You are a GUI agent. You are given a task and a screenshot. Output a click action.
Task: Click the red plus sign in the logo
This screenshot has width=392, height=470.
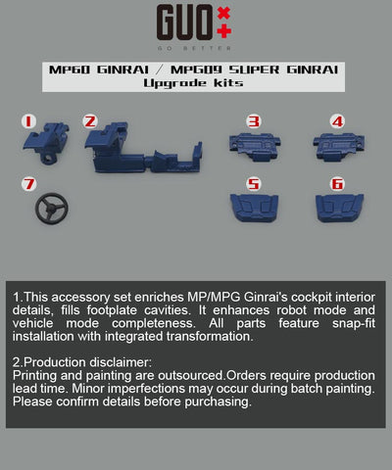point(224,31)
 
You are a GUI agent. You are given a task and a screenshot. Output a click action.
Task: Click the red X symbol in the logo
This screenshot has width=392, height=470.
point(224,13)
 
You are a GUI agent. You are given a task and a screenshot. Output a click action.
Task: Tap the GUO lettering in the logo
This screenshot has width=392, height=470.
point(184,23)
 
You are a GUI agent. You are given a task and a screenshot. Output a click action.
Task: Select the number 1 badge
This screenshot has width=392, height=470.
point(28,121)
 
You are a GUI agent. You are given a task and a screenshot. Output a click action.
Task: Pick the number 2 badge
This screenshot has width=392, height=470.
point(90,121)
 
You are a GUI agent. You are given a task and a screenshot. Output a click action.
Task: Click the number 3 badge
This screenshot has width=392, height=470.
point(254,121)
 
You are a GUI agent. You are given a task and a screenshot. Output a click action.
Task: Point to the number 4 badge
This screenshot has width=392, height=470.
point(337,121)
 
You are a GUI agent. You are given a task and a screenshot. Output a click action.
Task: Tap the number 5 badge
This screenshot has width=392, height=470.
point(254,184)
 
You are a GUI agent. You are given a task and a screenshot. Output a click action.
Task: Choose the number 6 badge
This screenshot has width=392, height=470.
point(337,184)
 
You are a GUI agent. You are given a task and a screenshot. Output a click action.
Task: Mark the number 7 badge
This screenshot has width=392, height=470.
point(28,184)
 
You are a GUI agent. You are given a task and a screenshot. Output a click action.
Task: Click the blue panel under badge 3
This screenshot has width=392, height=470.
point(255,146)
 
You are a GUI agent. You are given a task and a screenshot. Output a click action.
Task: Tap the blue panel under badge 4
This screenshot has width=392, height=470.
point(339,146)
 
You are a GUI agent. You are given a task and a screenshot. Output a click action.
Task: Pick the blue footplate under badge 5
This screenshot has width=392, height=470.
point(254,208)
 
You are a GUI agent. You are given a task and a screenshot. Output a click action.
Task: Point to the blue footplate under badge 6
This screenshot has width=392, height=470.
point(339,208)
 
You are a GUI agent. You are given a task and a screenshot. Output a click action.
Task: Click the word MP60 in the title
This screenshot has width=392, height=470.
point(70,70)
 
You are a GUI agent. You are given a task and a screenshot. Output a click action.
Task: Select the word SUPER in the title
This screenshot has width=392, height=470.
point(254,70)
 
